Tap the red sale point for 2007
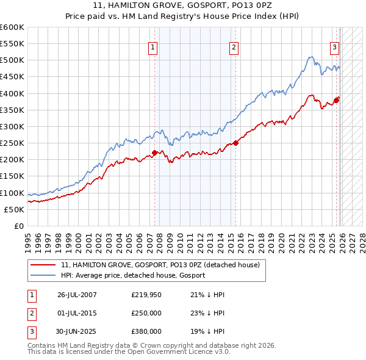pyautogui.click(x=154, y=153)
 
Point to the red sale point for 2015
pyautogui.click(x=236, y=143)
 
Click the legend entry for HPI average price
pyautogui.click(x=132, y=275)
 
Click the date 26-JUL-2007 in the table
pyautogui.click(x=77, y=295)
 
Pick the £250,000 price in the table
pyautogui.click(x=146, y=313)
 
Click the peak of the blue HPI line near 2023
pyautogui.click(x=310, y=57)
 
